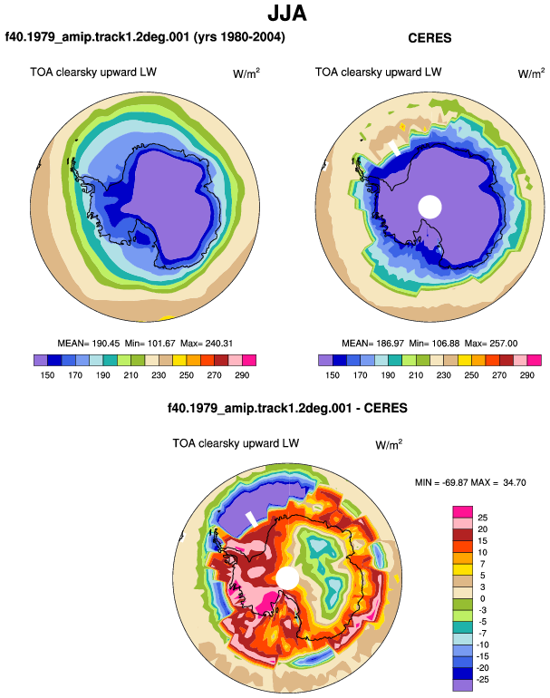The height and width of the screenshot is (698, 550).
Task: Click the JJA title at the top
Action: (x=287, y=14)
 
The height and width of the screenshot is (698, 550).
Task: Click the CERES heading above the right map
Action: (x=429, y=38)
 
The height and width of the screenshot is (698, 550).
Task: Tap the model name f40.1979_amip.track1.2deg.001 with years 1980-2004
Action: (x=145, y=36)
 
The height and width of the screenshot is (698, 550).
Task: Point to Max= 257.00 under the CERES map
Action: (x=491, y=344)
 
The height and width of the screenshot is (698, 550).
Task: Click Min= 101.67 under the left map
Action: (x=150, y=344)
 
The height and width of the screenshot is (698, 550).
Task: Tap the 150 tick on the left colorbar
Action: (x=47, y=375)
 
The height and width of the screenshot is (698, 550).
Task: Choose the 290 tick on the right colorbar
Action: (x=526, y=375)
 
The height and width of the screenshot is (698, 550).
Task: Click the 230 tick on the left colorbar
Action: (x=159, y=375)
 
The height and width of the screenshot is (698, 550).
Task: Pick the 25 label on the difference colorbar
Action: (x=482, y=518)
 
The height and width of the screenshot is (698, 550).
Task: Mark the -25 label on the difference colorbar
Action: (x=482, y=680)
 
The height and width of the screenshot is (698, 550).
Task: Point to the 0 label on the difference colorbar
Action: (x=482, y=598)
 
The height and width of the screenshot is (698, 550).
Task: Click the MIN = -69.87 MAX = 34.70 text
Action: (x=470, y=482)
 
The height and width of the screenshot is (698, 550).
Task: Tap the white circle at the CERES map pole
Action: (x=429, y=207)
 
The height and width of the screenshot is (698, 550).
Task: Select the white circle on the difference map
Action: (x=287, y=577)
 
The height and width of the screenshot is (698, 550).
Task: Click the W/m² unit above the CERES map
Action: (x=531, y=73)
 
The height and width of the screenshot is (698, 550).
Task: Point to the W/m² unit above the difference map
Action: (x=389, y=444)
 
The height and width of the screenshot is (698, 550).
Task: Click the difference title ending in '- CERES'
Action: (x=287, y=408)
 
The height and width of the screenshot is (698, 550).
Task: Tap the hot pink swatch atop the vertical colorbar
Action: (x=463, y=512)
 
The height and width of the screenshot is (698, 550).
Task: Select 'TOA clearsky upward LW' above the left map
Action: (x=93, y=73)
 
